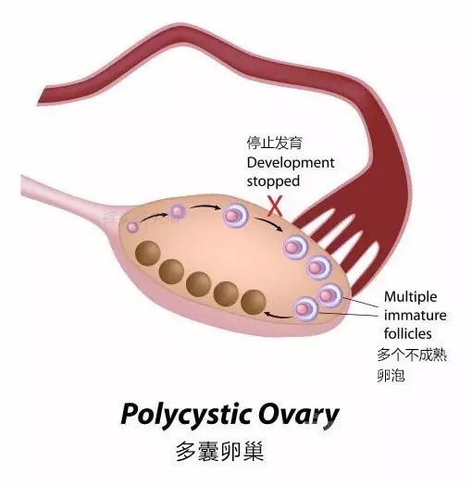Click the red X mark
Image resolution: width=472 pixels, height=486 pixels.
click(x=275, y=206)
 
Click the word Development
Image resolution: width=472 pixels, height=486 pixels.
click(x=291, y=163)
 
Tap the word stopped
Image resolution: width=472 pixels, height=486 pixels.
click(x=273, y=181)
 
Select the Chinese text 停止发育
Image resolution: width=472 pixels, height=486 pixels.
click(x=274, y=143)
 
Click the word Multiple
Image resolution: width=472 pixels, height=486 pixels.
click(x=410, y=297)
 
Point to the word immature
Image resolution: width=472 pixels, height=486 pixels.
click(x=415, y=316)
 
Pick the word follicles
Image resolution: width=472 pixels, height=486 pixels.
click(x=407, y=334)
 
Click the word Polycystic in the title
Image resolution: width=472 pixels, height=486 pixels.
click(x=186, y=415)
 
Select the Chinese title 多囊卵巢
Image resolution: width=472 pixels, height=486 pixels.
click(x=220, y=452)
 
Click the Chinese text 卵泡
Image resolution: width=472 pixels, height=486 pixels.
click(x=391, y=376)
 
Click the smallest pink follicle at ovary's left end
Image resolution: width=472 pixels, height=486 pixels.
click(x=132, y=227)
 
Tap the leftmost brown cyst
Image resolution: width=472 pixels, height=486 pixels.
click(x=148, y=254)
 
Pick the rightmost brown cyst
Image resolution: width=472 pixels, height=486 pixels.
click(x=254, y=302)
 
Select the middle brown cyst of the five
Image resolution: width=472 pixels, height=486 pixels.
click(x=199, y=284)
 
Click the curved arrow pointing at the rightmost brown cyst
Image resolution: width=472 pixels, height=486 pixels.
click(x=278, y=317)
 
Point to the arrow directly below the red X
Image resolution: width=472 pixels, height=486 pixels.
click(x=268, y=223)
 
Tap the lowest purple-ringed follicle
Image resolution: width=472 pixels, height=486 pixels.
click(x=306, y=308)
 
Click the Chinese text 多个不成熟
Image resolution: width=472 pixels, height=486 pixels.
click(x=412, y=355)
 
